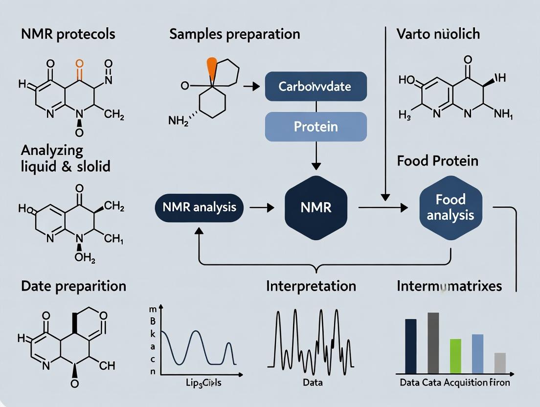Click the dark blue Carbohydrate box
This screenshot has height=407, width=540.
coord(315,87)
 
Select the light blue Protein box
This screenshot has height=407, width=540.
coord(315,127)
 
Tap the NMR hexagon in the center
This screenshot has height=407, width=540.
coord(315,206)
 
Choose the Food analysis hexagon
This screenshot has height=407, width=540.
coord(450,207)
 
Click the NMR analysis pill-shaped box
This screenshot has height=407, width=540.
coord(200,207)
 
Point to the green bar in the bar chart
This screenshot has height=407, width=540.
coord(455,356)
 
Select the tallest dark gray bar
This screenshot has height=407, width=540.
coord(433,342)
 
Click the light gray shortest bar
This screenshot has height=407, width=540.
coord(499,363)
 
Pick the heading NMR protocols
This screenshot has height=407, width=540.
coord(68,34)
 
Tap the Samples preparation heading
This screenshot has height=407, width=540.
coord(234,34)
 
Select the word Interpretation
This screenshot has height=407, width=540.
coord(311,286)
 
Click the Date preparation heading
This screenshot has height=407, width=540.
coord(73,286)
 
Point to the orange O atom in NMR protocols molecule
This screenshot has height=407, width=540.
coord(80,63)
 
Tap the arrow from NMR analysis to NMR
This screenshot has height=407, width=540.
coord(262,207)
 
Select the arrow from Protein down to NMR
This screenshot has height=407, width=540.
coord(315,157)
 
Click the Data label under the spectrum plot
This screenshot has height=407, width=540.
coord(312,382)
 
